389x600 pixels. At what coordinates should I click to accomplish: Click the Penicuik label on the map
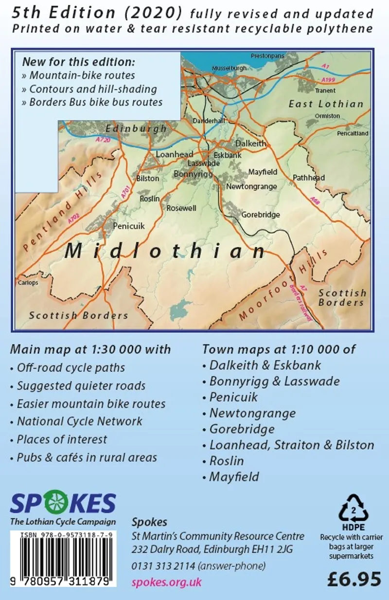(129, 226)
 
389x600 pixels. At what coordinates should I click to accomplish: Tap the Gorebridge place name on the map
(261, 215)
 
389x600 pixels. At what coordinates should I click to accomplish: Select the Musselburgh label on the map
(230, 69)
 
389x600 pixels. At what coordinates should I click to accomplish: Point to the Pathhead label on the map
(309, 178)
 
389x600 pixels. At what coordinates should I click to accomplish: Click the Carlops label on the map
(28, 282)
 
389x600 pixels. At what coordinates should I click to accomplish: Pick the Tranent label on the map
(325, 91)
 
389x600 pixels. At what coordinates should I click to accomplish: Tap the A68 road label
(315, 199)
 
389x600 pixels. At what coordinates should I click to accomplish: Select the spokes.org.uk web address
(166, 582)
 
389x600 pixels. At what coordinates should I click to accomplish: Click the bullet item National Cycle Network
(80, 421)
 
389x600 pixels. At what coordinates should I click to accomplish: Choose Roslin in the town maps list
(227, 461)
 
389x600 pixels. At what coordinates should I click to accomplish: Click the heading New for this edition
(78, 63)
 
